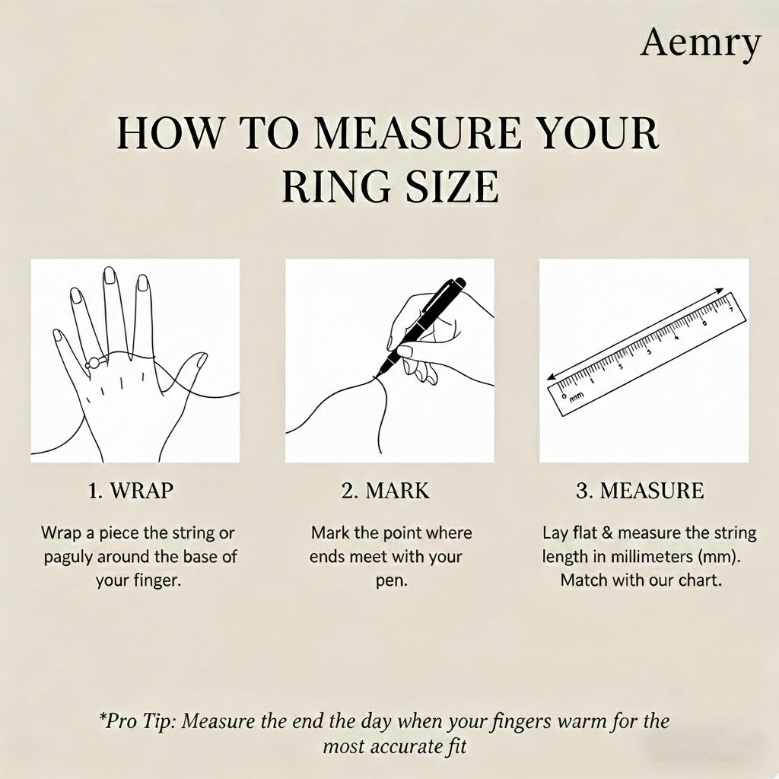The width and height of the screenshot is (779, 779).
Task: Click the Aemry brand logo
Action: click(701, 43)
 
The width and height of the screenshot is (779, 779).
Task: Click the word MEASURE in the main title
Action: click(418, 133)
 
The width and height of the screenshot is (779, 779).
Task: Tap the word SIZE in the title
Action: click(452, 186)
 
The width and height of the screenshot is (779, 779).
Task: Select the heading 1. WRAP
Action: click(131, 491)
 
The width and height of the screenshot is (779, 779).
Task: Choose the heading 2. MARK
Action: click(385, 491)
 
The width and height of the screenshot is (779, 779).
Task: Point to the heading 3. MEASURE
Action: click(640, 491)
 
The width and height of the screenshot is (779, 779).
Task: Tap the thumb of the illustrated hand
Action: click(191, 370)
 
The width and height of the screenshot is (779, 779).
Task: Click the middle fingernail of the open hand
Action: click(110, 275)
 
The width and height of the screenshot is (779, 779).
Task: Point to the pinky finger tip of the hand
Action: click(58, 335)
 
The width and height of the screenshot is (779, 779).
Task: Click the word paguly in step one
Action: click(68, 557)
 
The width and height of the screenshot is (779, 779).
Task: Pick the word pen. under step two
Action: click(392, 580)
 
